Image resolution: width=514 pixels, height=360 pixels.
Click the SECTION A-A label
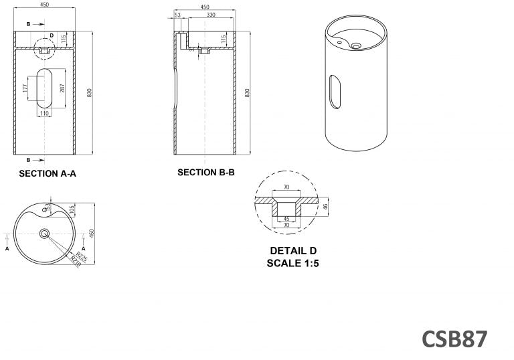(x=48, y=173)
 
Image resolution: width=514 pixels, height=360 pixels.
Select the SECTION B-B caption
(x=206, y=172)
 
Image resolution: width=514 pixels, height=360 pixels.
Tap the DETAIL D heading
(x=293, y=251)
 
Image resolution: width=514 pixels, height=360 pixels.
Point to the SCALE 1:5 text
(x=293, y=262)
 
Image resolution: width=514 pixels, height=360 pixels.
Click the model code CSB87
(x=454, y=338)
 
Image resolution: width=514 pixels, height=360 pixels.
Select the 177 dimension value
(x=25, y=88)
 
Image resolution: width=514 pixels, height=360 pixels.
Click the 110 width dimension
(x=45, y=114)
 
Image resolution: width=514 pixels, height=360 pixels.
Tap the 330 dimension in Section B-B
(x=210, y=15)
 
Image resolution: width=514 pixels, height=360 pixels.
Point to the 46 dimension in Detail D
(x=325, y=207)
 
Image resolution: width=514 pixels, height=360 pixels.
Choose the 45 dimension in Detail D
(x=286, y=218)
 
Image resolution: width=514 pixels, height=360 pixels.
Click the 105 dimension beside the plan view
(x=72, y=209)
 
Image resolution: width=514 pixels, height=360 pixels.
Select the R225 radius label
(x=82, y=256)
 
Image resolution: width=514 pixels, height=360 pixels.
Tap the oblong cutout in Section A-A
(x=45, y=88)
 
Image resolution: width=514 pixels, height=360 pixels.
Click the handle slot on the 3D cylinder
(x=335, y=92)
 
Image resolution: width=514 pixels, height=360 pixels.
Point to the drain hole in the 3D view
(x=356, y=46)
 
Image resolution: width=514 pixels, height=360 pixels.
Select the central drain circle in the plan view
(x=45, y=234)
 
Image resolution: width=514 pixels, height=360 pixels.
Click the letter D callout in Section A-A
(x=52, y=35)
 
